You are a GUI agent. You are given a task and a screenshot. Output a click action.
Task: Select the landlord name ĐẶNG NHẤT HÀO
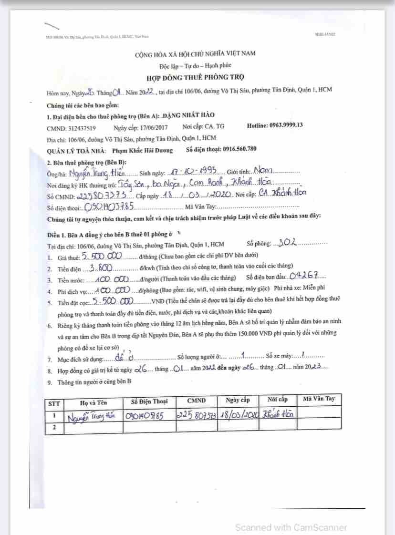coord(190,115)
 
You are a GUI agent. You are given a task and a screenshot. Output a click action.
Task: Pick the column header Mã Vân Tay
coord(319,399)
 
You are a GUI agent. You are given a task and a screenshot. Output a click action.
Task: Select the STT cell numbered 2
coord(54,428)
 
